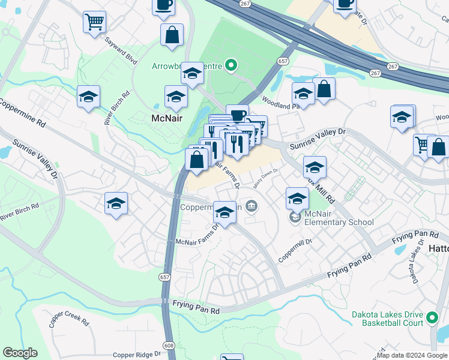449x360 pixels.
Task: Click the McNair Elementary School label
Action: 340,217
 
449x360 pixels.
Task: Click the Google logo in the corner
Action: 20,353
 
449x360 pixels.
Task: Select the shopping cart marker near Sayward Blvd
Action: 94,23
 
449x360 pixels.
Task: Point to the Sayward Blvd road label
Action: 121,50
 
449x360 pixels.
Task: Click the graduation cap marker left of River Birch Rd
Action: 88,97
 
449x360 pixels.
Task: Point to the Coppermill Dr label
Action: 295,250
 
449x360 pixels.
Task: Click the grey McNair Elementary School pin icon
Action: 295,217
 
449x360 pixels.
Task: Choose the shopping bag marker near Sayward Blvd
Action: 172,35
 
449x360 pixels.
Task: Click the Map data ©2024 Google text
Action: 412,355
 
